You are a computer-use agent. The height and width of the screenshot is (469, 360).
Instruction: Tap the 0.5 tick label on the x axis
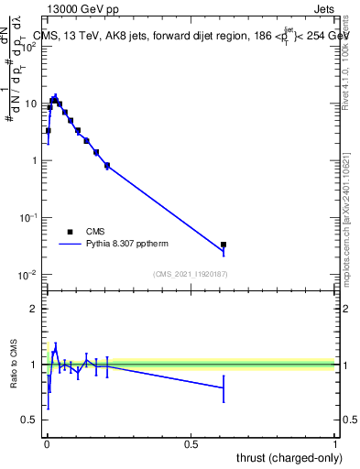coord(191,443)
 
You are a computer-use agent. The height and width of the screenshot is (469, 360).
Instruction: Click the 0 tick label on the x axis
coord(47,443)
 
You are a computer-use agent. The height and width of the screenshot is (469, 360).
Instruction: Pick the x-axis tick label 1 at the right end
coord(335,443)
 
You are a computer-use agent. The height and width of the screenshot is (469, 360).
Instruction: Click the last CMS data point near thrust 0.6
coord(224,245)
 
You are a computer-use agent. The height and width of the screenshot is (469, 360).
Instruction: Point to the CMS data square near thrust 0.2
coord(107,166)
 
